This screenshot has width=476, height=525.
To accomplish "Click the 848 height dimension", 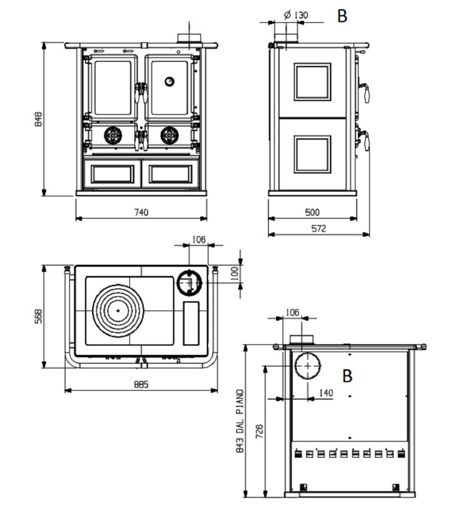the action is coord(39,119).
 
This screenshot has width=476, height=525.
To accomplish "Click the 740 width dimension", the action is coord(141,212).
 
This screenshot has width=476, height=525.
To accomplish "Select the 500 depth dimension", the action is coord(312,212).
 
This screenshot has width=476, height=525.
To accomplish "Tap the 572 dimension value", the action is coord(319,229).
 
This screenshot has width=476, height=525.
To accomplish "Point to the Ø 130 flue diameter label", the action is coord(296,15).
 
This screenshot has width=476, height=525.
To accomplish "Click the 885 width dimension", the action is coord(141,384).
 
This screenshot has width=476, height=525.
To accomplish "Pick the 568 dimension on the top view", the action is coord(39,316).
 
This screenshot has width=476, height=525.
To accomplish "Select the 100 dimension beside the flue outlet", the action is coord(235,273).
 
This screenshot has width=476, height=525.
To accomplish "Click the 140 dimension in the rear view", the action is coord(326,393).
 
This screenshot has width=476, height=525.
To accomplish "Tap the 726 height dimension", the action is coord(259,431).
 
